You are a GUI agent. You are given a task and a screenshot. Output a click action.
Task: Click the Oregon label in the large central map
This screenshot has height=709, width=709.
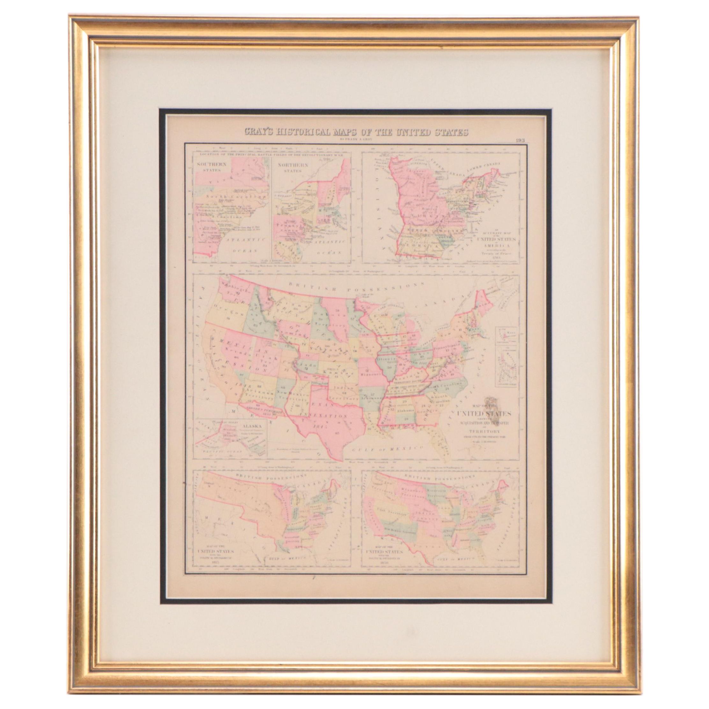[224, 315]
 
